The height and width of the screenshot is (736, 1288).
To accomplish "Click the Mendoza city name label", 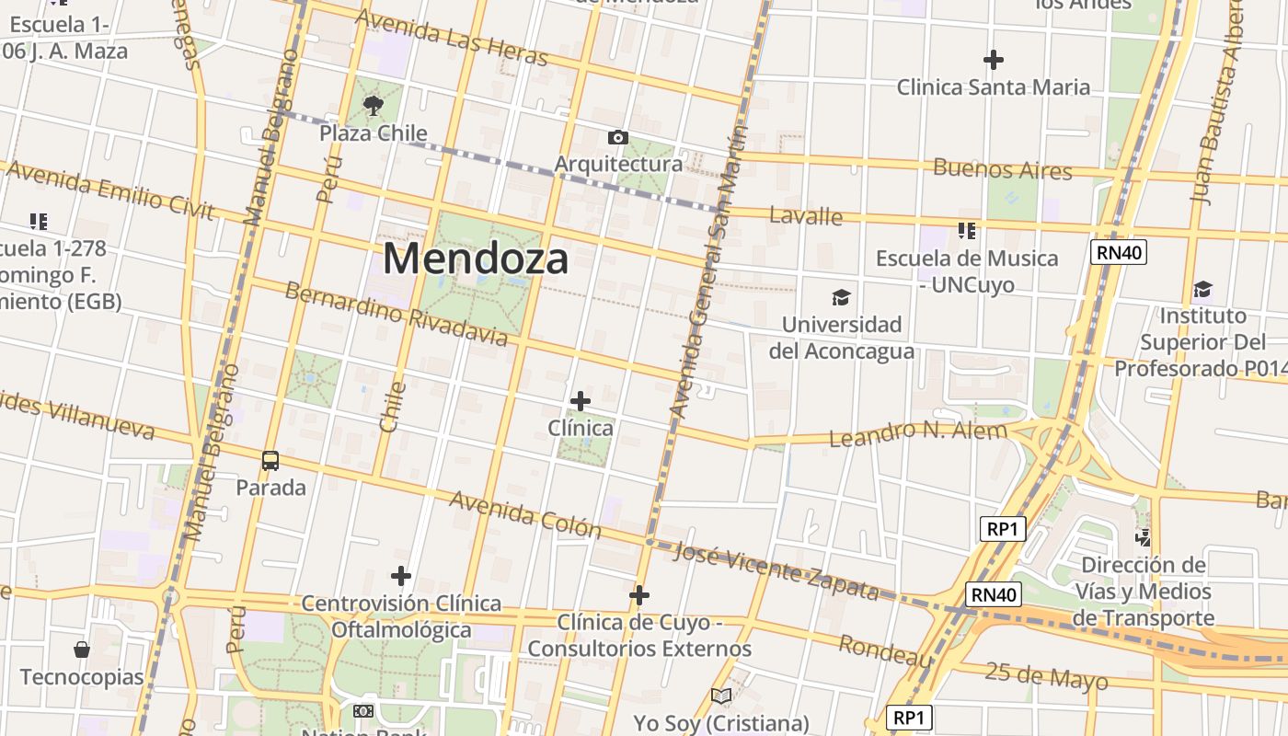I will (476, 259).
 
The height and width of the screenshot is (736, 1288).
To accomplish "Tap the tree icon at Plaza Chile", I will (373, 106).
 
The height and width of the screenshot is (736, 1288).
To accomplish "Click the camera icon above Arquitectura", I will (618, 138).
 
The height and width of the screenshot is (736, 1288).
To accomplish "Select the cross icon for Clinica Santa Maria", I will (993, 60).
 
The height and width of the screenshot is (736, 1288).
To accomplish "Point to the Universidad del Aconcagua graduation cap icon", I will (841, 297).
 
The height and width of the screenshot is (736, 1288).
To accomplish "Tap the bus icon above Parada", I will (270, 461).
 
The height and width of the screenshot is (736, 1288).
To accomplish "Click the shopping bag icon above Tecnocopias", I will (82, 650).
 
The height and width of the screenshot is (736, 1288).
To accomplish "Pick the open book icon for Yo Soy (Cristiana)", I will (721, 696).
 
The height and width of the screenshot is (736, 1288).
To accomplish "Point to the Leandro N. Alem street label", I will (918, 433).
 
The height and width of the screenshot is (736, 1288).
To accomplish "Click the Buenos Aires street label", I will (1003, 169).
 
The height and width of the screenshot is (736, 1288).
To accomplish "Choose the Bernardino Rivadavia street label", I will (396, 315).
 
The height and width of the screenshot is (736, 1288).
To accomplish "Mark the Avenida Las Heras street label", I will (451, 38).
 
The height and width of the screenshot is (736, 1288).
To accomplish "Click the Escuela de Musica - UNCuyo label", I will (967, 271).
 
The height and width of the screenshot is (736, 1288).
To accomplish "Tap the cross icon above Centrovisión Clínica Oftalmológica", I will (400, 576).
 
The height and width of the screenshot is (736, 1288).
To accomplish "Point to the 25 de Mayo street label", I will (1046, 675).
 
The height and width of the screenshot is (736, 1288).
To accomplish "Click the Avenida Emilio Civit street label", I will (109, 190).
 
